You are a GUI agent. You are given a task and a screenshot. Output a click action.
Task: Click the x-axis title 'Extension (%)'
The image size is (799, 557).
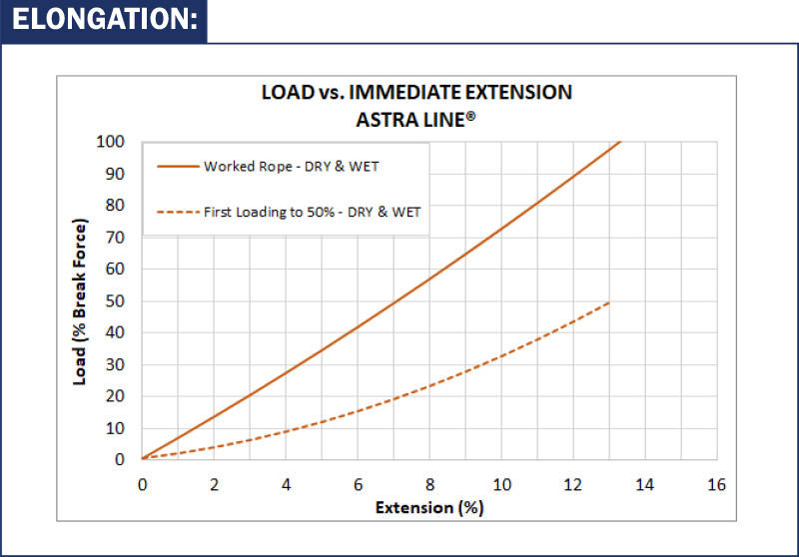tap(429, 506)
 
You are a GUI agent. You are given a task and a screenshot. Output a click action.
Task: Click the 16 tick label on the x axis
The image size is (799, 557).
tap(715, 483)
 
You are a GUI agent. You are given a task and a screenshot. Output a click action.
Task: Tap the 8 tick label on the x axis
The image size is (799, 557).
tap(429, 483)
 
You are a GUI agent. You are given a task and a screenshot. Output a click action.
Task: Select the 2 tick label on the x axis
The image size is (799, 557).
tap(214, 483)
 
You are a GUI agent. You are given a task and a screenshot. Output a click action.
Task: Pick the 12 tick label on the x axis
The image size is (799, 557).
tap(572, 483)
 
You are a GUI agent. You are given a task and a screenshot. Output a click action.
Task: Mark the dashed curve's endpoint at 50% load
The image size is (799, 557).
tap(608, 301)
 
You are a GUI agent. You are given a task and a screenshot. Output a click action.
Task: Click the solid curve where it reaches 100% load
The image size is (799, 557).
tap(620, 142)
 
